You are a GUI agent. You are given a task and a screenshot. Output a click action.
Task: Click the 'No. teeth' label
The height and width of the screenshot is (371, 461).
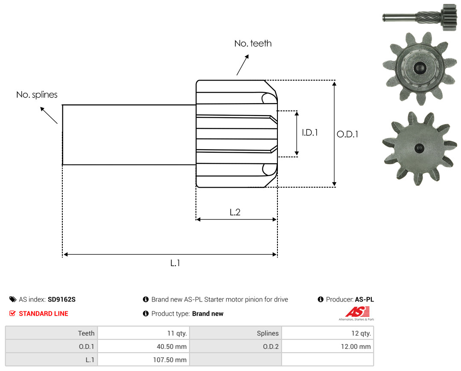(253, 43)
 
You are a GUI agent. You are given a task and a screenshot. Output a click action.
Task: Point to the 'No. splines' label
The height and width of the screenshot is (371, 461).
(37, 95)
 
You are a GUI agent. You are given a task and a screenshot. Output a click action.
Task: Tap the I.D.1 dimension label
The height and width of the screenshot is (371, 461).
(310, 133)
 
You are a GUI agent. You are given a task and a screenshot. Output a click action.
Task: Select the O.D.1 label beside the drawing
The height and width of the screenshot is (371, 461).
(347, 134)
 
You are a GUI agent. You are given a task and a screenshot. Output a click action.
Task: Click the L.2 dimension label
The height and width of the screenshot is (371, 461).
(235, 212)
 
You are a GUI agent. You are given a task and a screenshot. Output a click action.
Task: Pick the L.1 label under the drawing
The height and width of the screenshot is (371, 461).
(175, 263)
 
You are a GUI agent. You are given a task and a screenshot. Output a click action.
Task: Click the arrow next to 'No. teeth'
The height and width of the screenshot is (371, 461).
(242, 65)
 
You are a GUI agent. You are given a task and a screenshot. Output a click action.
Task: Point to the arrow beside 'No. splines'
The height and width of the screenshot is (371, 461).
(49, 116)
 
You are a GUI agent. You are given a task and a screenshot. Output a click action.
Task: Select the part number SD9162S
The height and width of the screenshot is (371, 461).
(62, 299)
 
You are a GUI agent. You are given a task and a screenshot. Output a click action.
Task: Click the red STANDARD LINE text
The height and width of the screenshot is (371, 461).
(44, 314)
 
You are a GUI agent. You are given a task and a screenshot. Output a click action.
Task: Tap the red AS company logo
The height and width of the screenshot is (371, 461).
(358, 312)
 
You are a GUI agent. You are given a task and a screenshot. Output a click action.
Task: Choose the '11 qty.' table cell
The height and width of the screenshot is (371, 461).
(143, 333)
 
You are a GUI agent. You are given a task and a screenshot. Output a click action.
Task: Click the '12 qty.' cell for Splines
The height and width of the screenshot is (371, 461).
(327, 333)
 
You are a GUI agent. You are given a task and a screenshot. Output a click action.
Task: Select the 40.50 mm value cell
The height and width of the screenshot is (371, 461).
(143, 346)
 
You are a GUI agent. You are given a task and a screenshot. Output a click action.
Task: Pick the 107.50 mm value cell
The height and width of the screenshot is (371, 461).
(143, 359)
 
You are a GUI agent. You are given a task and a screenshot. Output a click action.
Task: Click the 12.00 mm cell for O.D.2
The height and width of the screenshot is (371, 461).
(327, 346)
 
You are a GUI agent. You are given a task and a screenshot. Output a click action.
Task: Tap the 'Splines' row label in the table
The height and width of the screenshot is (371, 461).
(268, 333)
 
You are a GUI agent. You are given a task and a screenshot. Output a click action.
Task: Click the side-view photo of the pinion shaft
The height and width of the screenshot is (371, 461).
(420, 17)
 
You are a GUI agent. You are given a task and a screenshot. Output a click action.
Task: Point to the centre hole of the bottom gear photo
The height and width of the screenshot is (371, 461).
(419, 148)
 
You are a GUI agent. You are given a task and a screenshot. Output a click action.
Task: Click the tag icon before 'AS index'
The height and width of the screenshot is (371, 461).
(13, 299)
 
